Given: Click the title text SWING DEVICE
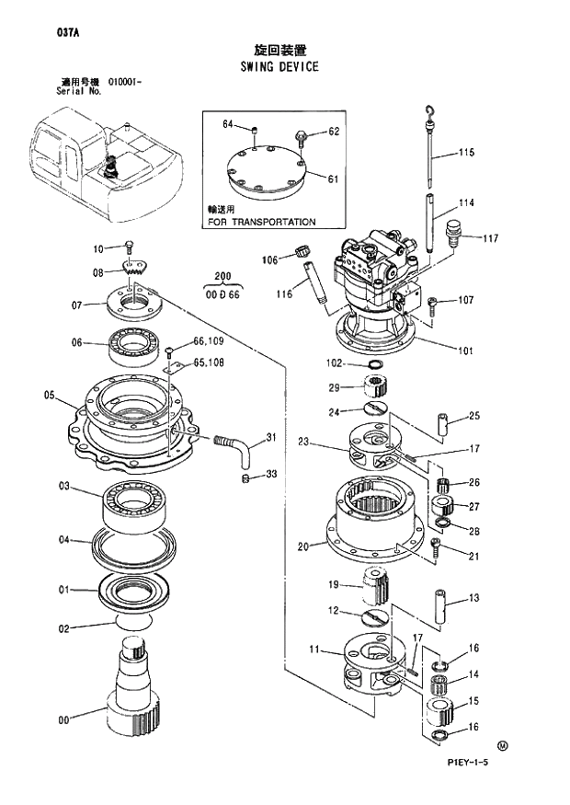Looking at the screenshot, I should [279, 66].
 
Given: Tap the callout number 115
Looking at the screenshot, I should [466, 152].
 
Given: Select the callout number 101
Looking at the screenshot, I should [466, 349].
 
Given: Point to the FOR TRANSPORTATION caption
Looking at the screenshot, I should [261, 222].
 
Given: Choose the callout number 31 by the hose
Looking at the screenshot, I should [271, 436].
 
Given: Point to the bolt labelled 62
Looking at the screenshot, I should [301, 138].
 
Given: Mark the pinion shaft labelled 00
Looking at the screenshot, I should [133, 690].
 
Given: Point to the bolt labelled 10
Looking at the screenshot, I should [129, 247].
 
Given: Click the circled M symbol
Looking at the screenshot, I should [502, 745].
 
